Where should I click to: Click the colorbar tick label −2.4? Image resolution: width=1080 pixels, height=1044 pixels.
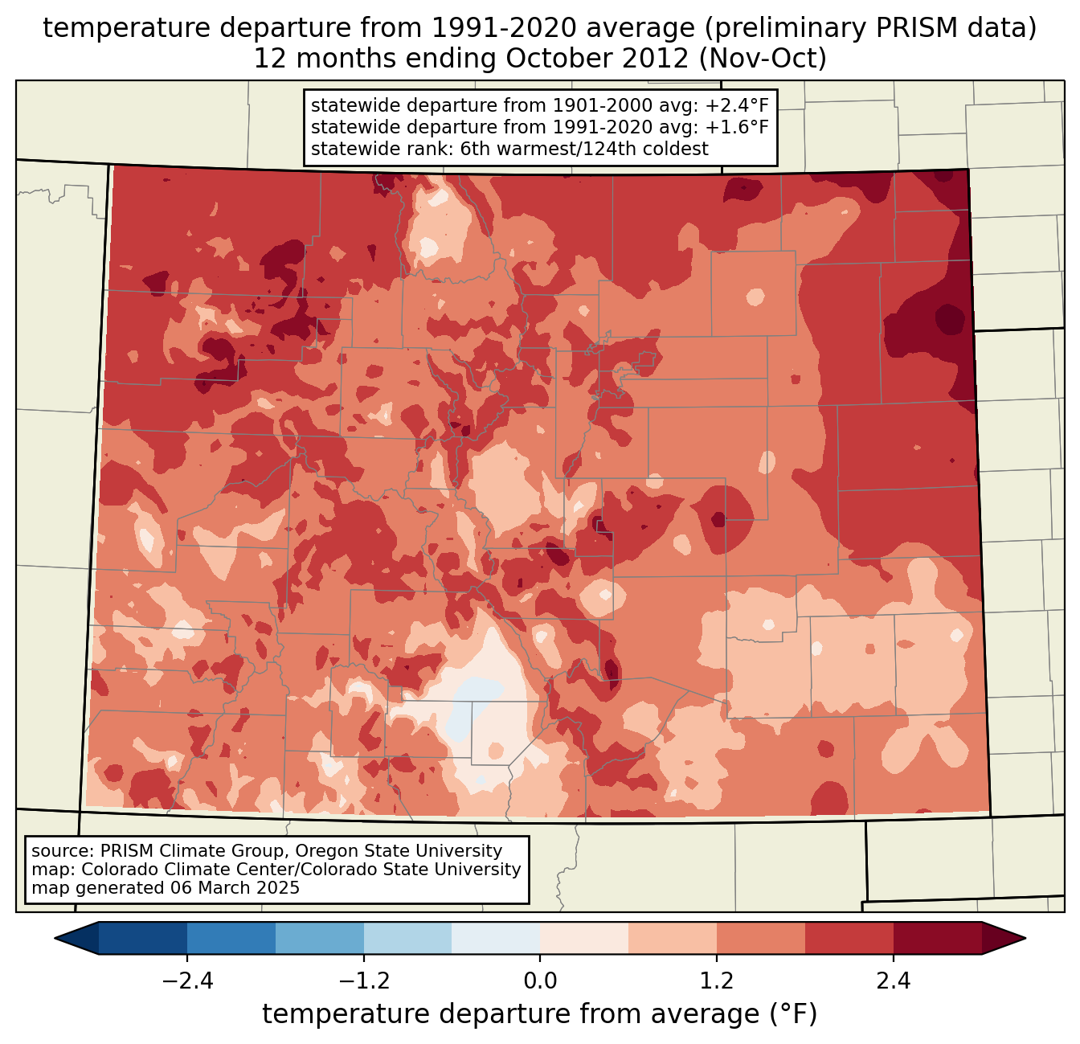point(186,981)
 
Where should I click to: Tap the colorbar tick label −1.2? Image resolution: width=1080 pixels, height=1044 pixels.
point(363,981)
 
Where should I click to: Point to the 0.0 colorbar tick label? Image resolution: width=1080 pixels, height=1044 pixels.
point(540,981)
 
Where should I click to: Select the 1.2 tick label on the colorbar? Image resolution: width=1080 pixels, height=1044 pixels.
point(717,981)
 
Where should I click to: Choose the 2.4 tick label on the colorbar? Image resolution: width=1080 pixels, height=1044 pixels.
point(894,981)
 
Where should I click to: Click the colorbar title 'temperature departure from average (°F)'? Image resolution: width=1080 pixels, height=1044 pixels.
point(540,1014)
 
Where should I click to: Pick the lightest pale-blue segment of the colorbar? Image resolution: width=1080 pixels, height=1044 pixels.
point(496,938)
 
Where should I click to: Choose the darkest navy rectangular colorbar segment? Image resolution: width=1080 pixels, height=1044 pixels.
point(143,938)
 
